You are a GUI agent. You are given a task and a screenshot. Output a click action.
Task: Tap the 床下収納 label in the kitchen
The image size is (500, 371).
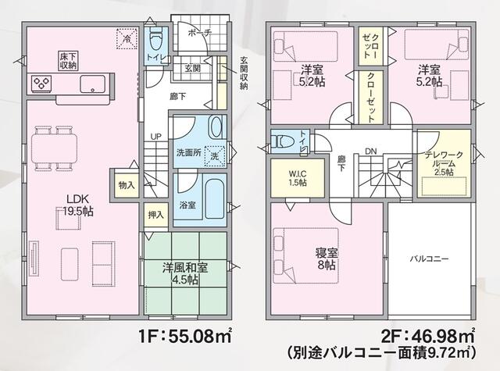(68, 61)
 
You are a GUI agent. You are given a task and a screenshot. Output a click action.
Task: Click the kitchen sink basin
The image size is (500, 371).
(92, 84)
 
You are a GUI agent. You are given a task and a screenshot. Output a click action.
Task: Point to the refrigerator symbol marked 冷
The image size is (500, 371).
(127, 38)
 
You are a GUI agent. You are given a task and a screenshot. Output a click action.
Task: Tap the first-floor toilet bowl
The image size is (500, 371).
(156, 40)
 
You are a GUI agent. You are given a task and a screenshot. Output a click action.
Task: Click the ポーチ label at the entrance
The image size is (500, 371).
(200, 33)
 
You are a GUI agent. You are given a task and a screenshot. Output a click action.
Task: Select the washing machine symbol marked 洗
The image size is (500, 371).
(215, 156)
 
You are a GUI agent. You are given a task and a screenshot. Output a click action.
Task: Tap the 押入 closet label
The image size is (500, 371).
(156, 215)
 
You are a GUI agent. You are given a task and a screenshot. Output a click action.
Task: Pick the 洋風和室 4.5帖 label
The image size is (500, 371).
(185, 273)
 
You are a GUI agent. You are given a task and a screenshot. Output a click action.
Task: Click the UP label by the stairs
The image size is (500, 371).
(156, 137)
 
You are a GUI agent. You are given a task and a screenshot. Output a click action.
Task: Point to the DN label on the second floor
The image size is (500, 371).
(371, 152)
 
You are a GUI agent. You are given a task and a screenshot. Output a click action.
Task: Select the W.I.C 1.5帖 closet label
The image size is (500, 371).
(298, 179)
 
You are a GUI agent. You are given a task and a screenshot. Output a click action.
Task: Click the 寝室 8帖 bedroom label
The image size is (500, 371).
(327, 259)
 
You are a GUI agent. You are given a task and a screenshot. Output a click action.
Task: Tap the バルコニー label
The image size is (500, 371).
(429, 259)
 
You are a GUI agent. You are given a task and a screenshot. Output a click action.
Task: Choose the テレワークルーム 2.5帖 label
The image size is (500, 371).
(443, 163)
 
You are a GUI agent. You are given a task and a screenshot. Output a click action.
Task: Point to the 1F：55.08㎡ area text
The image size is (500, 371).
(185, 336)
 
